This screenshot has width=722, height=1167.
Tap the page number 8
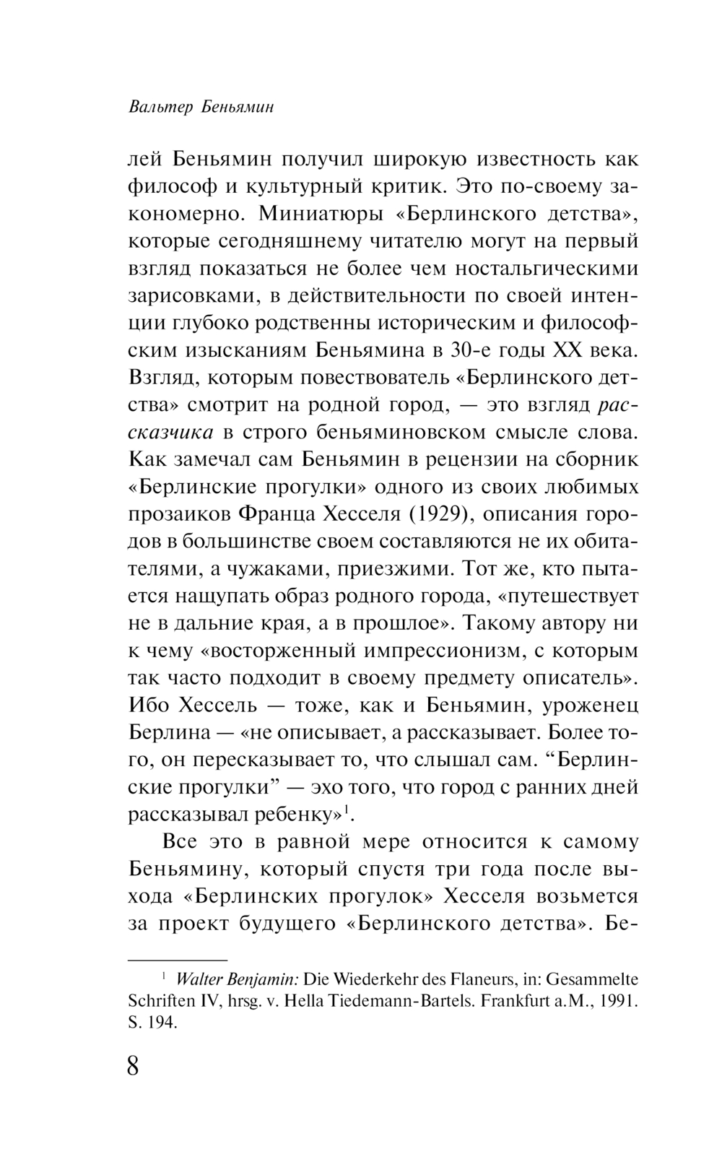pyautogui.click(x=133, y=1067)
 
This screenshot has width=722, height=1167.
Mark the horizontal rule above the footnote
pyautogui.click(x=178, y=960)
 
